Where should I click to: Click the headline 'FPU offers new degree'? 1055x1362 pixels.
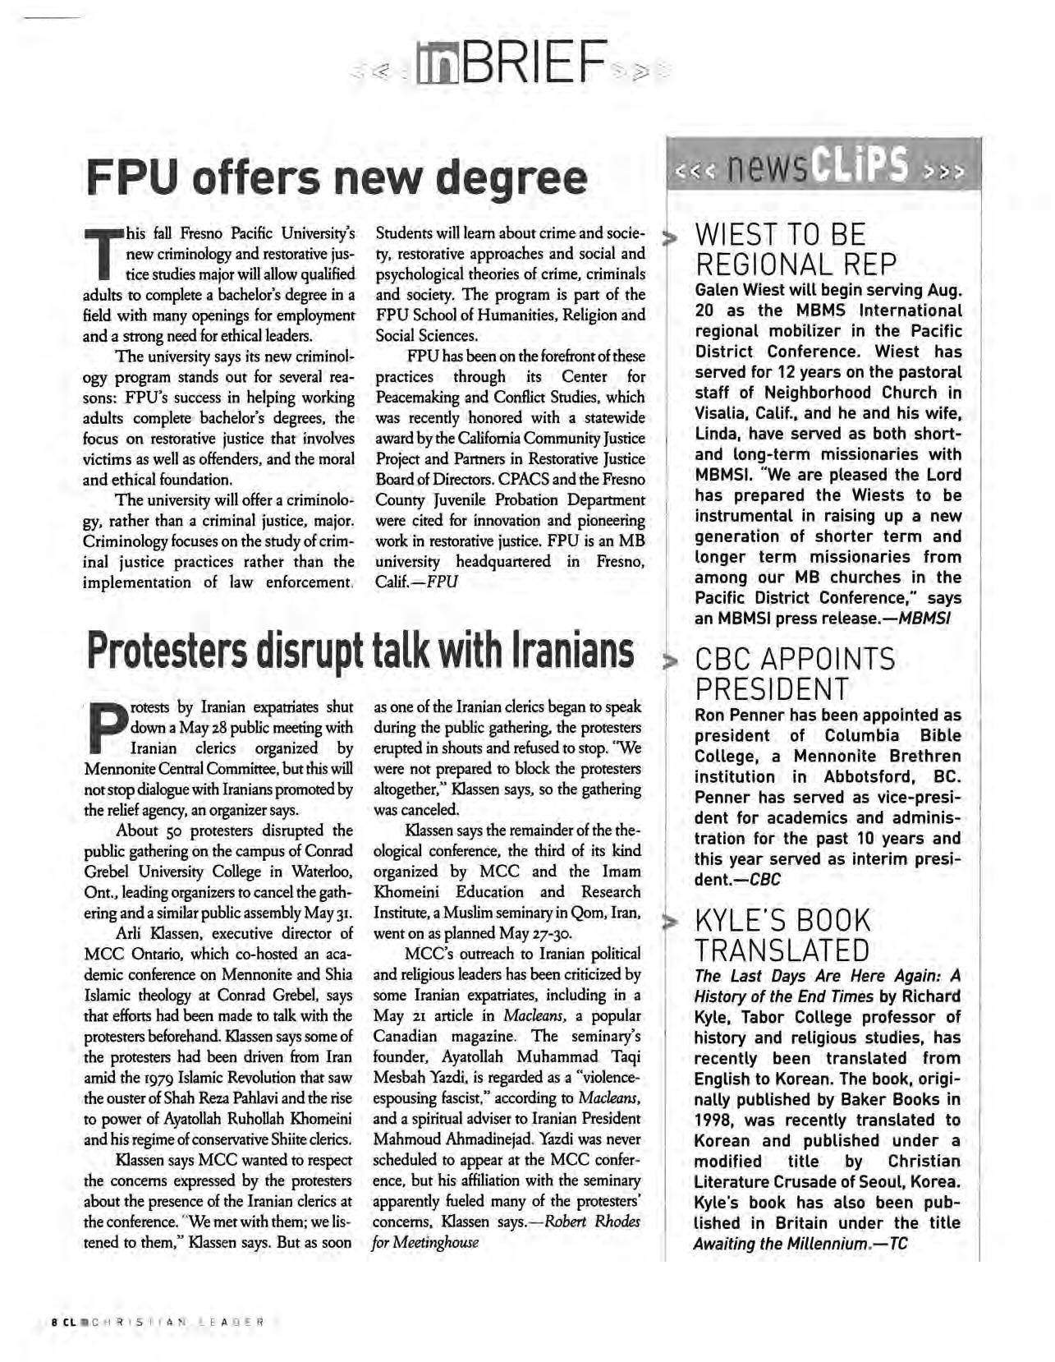pyautogui.click(x=337, y=177)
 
